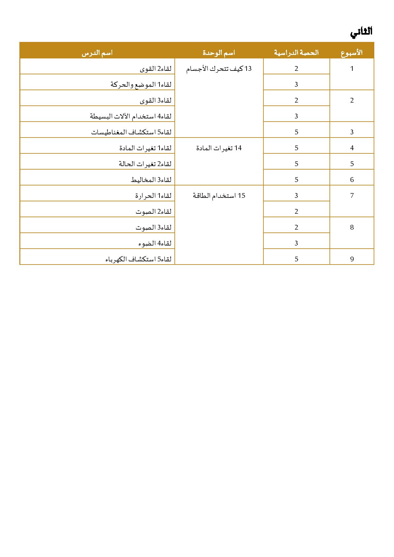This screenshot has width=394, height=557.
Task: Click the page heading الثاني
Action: pyautogui.click(x=361, y=32)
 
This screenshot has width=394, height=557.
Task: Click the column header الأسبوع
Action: pyautogui.click(x=352, y=53)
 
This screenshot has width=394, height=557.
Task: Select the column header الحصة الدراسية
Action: pyautogui.click(x=296, y=53)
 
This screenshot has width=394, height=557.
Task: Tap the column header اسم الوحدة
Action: pyautogui.click(x=219, y=53)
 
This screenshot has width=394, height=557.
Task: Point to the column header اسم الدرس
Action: pyautogui.click(x=97, y=53)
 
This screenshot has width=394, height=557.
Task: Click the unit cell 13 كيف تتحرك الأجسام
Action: pyautogui.click(x=219, y=69)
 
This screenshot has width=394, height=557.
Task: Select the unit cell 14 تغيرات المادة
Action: pyautogui.click(x=219, y=148)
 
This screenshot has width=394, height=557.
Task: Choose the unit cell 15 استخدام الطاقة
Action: pyautogui.click(x=219, y=196)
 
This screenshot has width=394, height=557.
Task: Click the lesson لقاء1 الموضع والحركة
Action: pyautogui.click(x=141, y=84)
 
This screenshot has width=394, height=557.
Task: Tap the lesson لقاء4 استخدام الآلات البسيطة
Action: pyautogui.click(x=131, y=116)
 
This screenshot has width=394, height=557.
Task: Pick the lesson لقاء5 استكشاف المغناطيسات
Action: pyautogui.click(x=131, y=132)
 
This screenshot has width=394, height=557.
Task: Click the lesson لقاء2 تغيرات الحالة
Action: pyautogui.click(x=145, y=164)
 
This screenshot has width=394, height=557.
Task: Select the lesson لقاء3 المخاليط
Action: pyautogui.click(x=151, y=180)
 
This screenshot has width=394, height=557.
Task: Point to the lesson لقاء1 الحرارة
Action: pyautogui.click(x=153, y=196)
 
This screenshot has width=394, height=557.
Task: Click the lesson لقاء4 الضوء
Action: pyautogui.click(x=155, y=243)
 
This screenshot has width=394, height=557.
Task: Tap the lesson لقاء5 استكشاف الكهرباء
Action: pyautogui.click(x=138, y=259)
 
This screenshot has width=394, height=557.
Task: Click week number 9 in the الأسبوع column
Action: pyautogui.click(x=352, y=259)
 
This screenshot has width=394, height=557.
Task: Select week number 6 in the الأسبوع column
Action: pyautogui.click(x=352, y=180)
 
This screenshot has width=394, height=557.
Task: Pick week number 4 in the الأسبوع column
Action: pyautogui.click(x=352, y=148)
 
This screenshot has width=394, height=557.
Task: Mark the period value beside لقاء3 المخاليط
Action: pyautogui.click(x=296, y=180)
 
